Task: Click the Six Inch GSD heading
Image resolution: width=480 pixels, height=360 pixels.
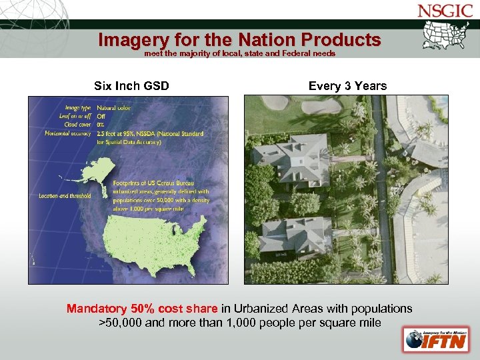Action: (x=131, y=86)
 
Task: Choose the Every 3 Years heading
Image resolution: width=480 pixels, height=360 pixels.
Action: (x=347, y=86)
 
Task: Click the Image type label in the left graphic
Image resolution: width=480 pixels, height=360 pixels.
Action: (x=78, y=107)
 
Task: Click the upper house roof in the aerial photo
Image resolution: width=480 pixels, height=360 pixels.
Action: (x=295, y=158)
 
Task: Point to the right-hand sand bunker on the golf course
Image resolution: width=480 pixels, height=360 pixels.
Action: (x=321, y=107)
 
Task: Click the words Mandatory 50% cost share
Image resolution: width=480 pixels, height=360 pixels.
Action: (x=142, y=309)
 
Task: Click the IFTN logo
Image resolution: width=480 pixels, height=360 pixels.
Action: (x=431, y=339)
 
